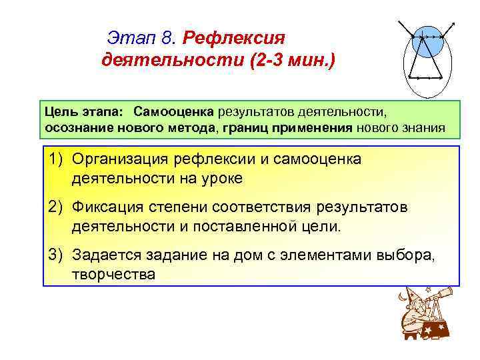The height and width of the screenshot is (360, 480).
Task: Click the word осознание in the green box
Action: point(75,127)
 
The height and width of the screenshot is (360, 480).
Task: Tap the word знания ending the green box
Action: point(422,127)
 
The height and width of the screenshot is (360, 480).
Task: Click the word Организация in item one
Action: point(121,159)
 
